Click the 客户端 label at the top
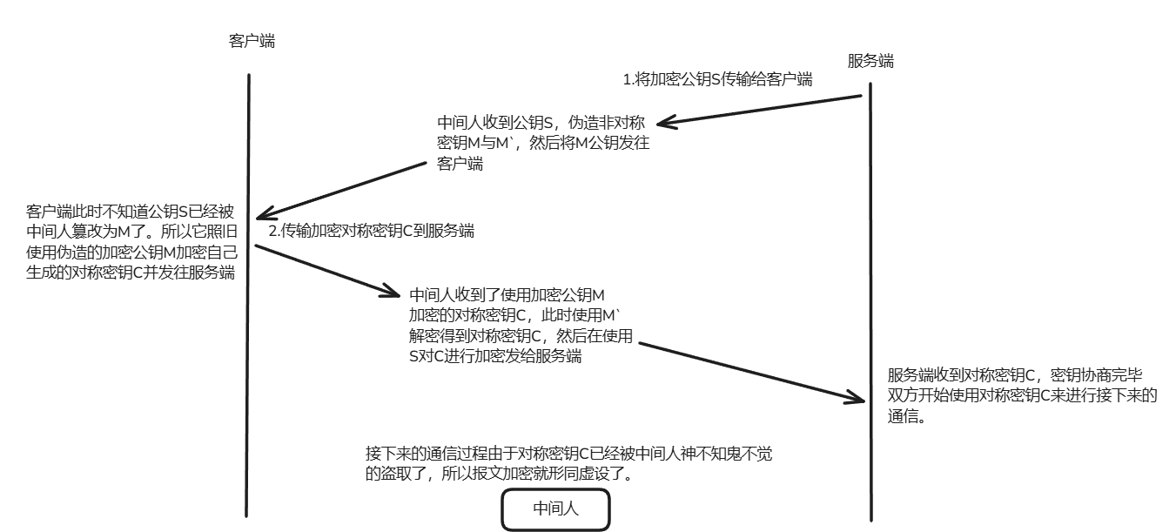click(252, 40)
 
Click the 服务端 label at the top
click(870, 61)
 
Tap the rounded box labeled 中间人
click(555, 509)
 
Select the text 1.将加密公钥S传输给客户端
click(717, 79)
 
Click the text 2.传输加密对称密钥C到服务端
click(371, 232)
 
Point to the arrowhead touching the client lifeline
click(262, 214)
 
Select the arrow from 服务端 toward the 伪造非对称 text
click(757, 109)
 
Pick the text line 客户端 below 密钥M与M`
click(460, 164)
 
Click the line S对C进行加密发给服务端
click(495, 356)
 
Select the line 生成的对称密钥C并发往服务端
click(131, 273)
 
